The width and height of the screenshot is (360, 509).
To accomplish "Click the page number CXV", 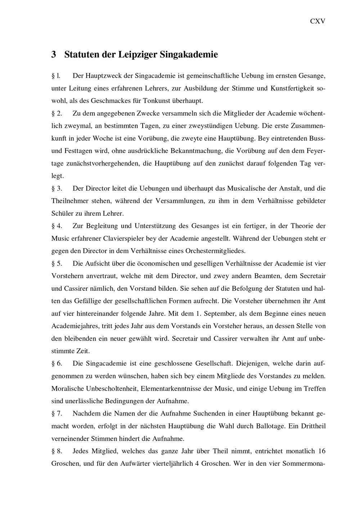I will click(x=318, y=21).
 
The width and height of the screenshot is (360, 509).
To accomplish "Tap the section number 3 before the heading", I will click(x=54, y=55).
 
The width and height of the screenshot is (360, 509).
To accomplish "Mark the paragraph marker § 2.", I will click(x=57, y=114).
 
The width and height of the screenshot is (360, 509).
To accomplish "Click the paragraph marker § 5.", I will click(x=57, y=264).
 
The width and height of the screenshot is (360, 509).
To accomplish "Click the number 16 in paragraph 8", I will click(x=322, y=451).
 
